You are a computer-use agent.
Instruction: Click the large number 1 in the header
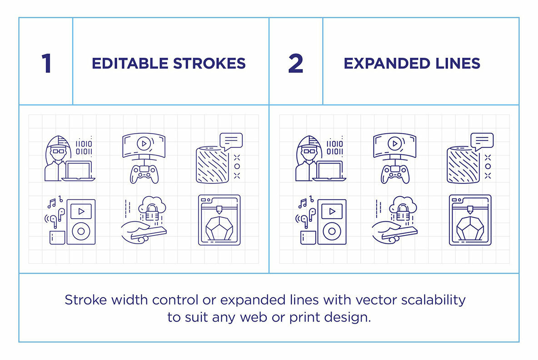[46, 64]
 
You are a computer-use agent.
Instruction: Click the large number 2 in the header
[295, 64]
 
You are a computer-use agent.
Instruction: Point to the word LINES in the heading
[458, 64]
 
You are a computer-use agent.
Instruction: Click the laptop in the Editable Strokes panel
[79, 171]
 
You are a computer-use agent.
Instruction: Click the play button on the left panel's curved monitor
[143, 144]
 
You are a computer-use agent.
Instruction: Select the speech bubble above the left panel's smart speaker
[231, 141]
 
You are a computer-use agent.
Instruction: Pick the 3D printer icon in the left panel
[219, 220]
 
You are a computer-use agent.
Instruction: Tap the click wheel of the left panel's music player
[81, 230]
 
